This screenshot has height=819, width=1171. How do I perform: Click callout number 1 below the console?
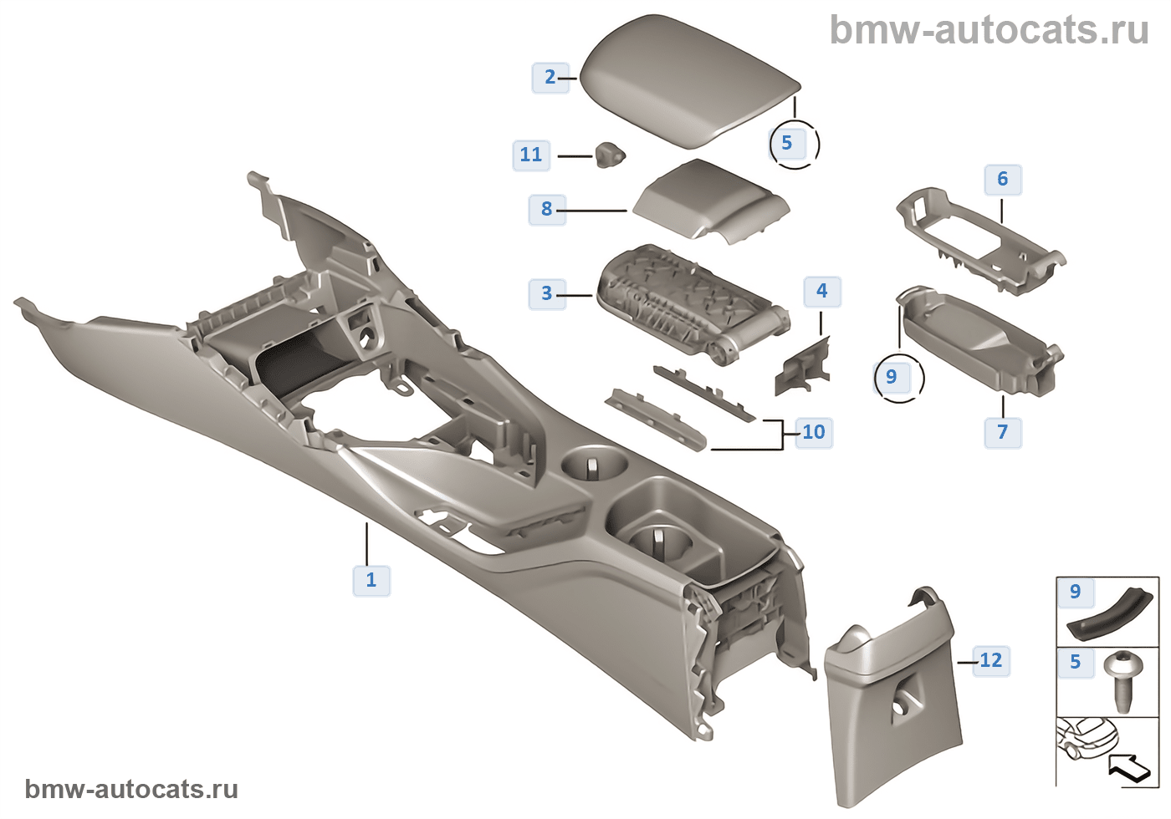(371, 580)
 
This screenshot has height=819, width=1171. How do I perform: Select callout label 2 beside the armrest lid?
(550, 78)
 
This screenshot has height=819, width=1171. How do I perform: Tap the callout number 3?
(547, 294)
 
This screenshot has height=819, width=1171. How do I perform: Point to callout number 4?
(821, 291)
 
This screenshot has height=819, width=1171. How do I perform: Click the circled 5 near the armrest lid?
(787, 143)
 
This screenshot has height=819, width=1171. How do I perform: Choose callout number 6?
(1003, 179)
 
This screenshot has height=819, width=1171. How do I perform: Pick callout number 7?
(1003, 432)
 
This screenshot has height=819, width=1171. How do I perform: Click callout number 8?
(547, 209)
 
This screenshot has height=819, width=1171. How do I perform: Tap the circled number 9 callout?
(892, 377)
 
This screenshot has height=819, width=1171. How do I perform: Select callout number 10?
(814, 432)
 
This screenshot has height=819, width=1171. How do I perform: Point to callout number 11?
(531, 155)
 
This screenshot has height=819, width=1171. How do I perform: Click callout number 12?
(991, 661)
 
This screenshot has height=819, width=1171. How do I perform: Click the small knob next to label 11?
(610, 154)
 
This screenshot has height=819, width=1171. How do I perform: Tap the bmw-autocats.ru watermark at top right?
(989, 30)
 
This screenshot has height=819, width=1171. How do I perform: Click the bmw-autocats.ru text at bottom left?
(131, 790)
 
